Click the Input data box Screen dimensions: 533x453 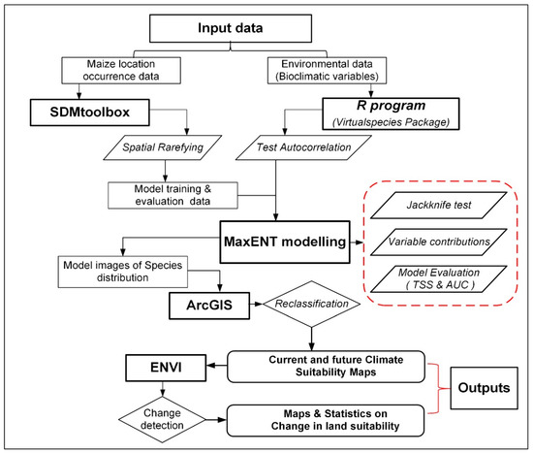tap(231, 28)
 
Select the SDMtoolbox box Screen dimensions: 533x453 tap(90, 113)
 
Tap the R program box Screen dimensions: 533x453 tap(391, 114)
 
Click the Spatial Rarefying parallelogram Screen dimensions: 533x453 tap(163, 147)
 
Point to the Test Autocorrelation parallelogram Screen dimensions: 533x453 tap(303, 147)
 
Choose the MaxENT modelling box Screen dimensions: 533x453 tap(285, 242)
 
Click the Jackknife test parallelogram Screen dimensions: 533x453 tap(439, 205)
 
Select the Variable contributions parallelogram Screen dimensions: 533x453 tap(439, 242)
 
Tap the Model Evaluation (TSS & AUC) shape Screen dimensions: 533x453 tap(439, 278)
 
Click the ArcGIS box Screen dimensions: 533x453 tap(209, 306)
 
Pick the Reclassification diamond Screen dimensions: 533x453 tap(312, 304)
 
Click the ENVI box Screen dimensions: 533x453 tap(166, 368)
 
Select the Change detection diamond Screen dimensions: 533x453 tap(162, 419)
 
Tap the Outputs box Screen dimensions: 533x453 tap(484, 388)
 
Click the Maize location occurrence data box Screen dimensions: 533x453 tap(121, 71)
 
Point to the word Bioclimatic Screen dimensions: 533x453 tap(308, 77)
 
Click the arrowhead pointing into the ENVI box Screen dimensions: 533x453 tap(211, 366)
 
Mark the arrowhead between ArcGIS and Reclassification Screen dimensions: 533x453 tap(259, 304)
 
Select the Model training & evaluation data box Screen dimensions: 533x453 tap(172, 195)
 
